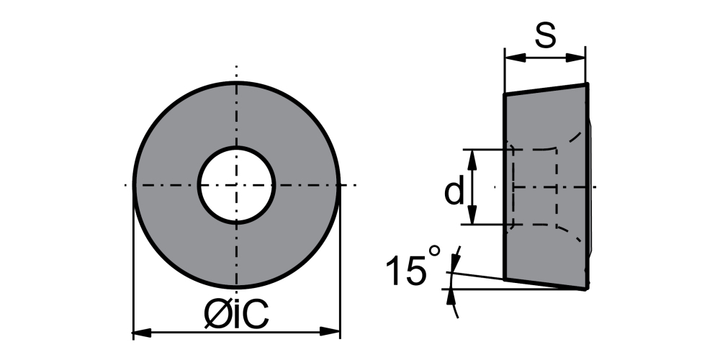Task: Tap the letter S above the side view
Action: (x=546, y=35)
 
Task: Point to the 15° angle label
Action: (x=413, y=266)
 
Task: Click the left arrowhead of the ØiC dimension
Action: (x=142, y=332)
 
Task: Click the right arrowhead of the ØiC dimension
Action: (x=330, y=331)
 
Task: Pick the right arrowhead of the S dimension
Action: (x=575, y=58)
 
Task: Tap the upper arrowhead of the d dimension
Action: (x=472, y=159)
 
